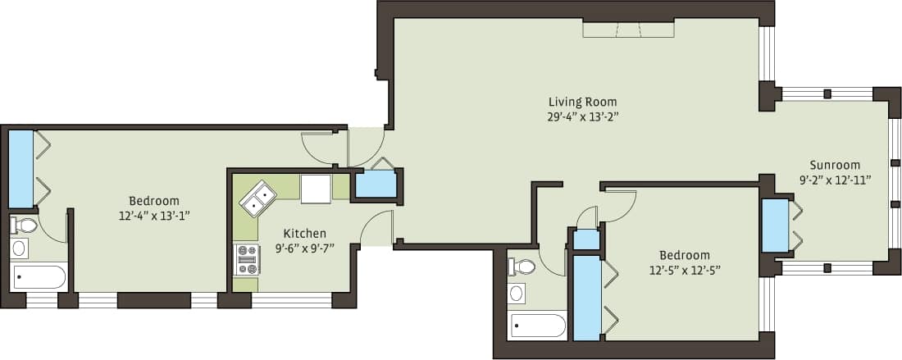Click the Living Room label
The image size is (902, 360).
click(x=582, y=102)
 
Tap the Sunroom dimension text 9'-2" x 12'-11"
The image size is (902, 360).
click(x=835, y=178)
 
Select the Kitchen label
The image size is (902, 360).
click(x=304, y=233)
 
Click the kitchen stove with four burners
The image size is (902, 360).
click(x=247, y=259)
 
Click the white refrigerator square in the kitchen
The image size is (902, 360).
click(x=316, y=188)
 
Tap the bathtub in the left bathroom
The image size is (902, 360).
click(x=39, y=277)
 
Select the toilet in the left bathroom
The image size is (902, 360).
click(x=24, y=224)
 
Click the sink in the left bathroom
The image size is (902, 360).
click(x=20, y=248)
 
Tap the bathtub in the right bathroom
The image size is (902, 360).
click(x=537, y=326)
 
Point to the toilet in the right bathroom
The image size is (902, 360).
click(x=522, y=266)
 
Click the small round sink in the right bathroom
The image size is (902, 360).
click(x=517, y=293)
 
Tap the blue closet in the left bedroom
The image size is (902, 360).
click(x=20, y=168)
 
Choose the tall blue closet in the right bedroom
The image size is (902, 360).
click(x=586, y=297)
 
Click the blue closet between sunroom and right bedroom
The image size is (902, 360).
click(x=775, y=226)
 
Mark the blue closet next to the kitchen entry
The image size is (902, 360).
click(x=376, y=185)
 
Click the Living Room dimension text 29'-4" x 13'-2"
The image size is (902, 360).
click(x=582, y=116)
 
